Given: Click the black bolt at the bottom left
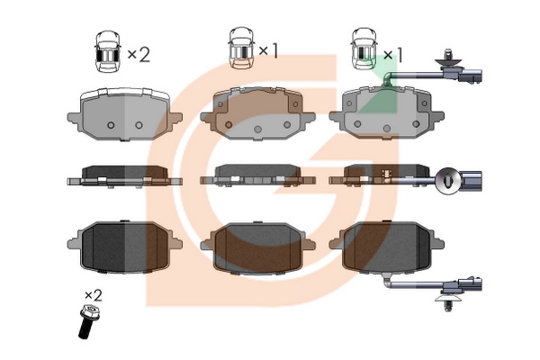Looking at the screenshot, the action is pyautogui.click(x=86, y=320).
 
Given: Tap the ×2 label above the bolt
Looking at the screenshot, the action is pyautogui.click(x=94, y=296).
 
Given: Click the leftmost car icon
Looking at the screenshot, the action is pyautogui.click(x=108, y=51).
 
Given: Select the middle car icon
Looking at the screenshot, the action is pyautogui.click(x=241, y=48).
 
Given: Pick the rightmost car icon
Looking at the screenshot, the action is pyautogui.click(x=364, y=49).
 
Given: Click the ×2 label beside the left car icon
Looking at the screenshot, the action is pyautogui.click(x=139, y=54).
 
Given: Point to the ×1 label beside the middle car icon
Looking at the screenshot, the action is pyautogui.click(x=268, y=50).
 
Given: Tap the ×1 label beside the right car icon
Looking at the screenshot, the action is pyautogui.click(x=393, y=54).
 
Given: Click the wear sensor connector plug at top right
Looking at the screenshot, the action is pyautogui.click(x=471, y=76).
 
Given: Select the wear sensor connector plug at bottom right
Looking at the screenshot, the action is pyautogui.click(x=471, y=284).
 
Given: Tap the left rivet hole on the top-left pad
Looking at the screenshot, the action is pyautogui.click(x=111, y=125).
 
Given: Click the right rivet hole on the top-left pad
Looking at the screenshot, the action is pyautogui.click(x=139, y=125).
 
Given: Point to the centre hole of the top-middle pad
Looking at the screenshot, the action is pyautogui.click(x=257, y=130).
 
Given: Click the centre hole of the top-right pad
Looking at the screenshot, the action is pyautogui.click(x=386, y=129).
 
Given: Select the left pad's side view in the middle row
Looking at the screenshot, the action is pyautogui.click(x=125, y=176).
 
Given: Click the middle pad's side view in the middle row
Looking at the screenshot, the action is pyautogui.click(x=257, y=175).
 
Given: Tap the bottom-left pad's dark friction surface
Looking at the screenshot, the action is pyautogui.click(x=125, y=246).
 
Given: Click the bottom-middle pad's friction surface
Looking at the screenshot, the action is pyautogui.click(x=257, y=247).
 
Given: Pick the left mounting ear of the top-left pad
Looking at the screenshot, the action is pyautogui.click(x=74, y=118).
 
